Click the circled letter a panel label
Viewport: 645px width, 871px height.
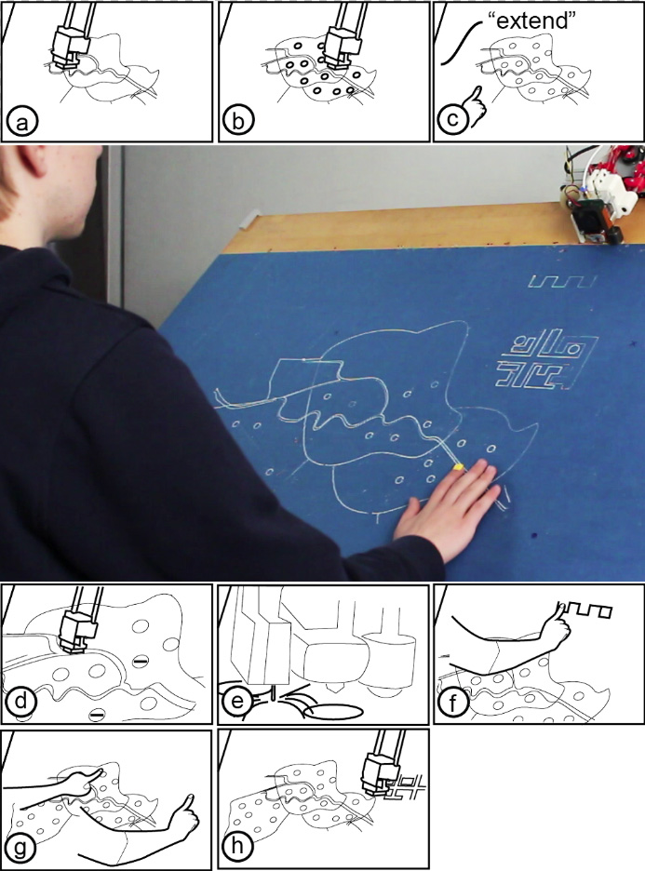point(21,122)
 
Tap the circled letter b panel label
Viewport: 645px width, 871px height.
point(237,121)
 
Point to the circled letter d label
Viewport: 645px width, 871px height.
point(20,702)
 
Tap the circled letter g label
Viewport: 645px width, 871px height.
point(20,849)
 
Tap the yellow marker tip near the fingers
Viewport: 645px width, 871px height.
point(458,467)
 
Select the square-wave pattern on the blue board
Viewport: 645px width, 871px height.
point(561,281)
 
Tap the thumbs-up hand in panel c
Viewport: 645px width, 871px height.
point(473,107)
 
